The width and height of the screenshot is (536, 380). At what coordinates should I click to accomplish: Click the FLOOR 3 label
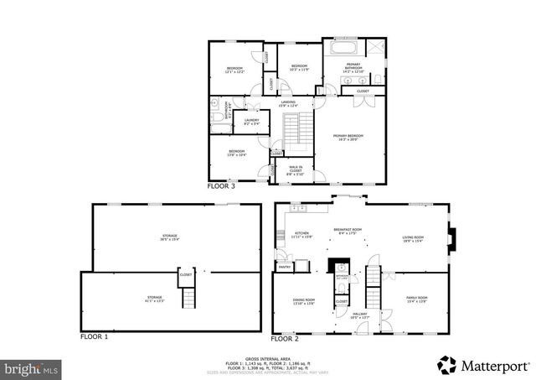point(221,186)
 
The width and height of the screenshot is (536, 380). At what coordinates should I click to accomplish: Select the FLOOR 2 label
point(285,339)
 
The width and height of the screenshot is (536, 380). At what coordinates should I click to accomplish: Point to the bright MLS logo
point(32,367)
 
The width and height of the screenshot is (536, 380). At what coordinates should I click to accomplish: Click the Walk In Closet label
point(296,170)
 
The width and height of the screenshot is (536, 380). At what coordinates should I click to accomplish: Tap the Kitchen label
point(301,235)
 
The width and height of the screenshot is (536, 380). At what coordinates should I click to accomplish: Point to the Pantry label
point(284,267)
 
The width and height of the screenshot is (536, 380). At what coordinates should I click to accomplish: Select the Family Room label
point(417,299)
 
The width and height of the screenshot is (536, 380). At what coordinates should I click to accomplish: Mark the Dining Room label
point(303,300)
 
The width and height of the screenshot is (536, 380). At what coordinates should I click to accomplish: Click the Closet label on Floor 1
point(186,274)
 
